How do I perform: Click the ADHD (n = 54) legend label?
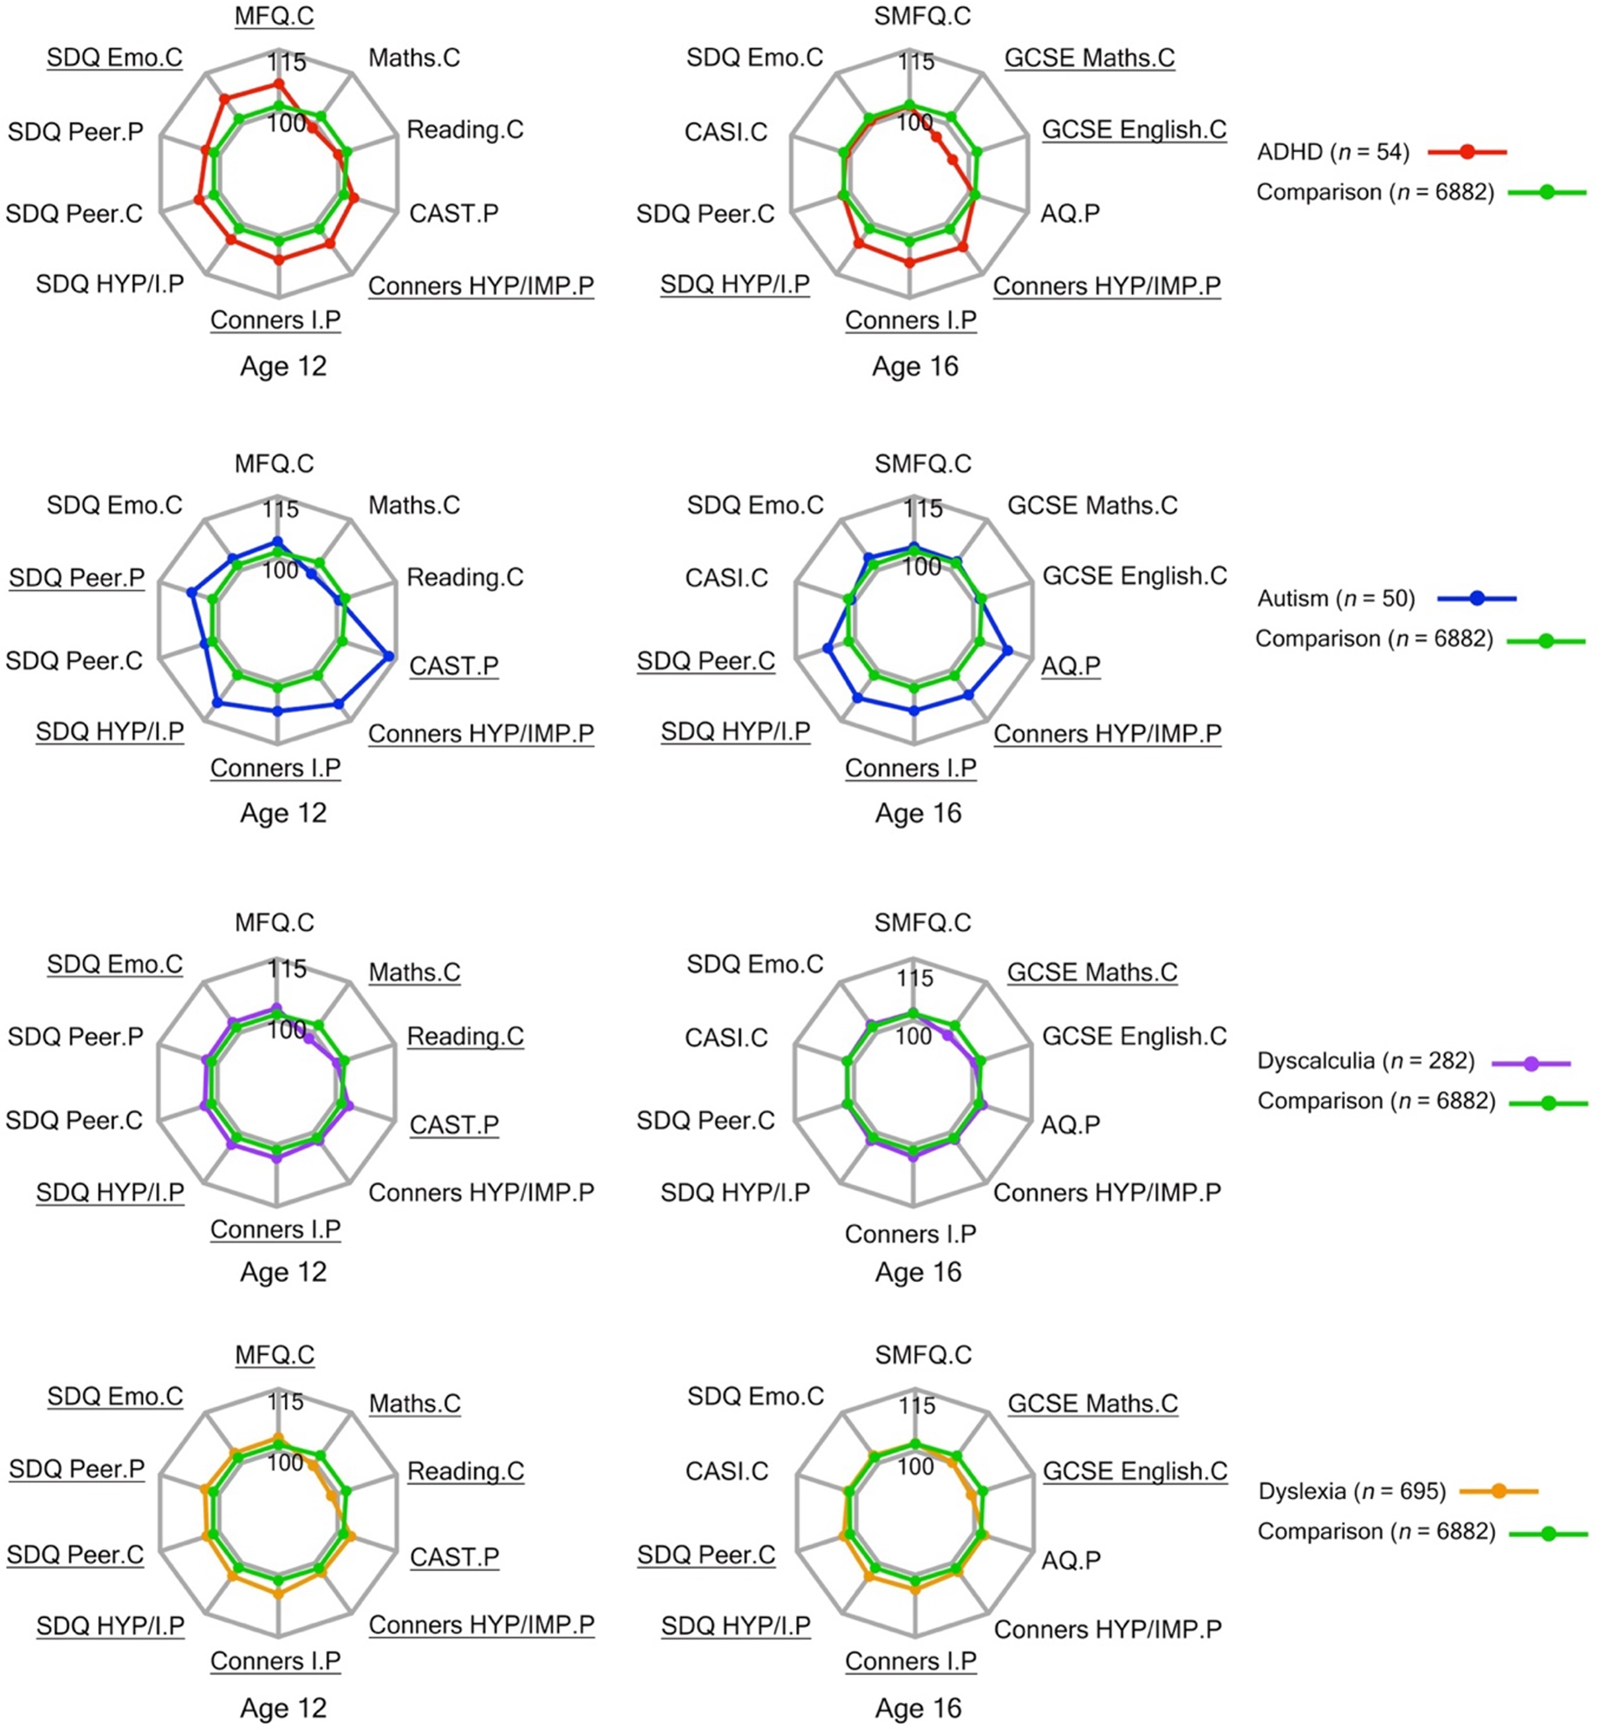tap(1332, 153)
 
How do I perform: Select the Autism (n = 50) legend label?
tap(1335, 598)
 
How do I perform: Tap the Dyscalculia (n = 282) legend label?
tap(1365, 1061)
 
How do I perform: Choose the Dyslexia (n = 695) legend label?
tap(1352, 1492)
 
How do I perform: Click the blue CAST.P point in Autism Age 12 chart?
tap(389, 655)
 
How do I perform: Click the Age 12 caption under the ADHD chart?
tap(283, 366)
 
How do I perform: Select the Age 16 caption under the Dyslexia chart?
tap(917, 1708)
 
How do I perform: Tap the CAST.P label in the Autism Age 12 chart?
tap(453, 665)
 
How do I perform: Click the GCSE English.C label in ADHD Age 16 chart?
tap(1134, 130)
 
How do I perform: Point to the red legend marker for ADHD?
tap(1467, 153)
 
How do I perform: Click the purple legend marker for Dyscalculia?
tap(1530, 1063)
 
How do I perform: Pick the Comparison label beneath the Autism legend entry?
tap(1374, 639)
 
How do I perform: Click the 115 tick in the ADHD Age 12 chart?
tap(287, 62)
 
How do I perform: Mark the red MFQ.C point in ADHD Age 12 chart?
tap(277, 83)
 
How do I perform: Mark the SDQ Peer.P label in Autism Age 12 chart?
tap(76, 577)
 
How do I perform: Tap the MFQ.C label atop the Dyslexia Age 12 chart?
tap(274, 1354)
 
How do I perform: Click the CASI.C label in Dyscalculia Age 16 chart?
tap(726, 1037)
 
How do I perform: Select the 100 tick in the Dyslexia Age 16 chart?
tap(914, 1466)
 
